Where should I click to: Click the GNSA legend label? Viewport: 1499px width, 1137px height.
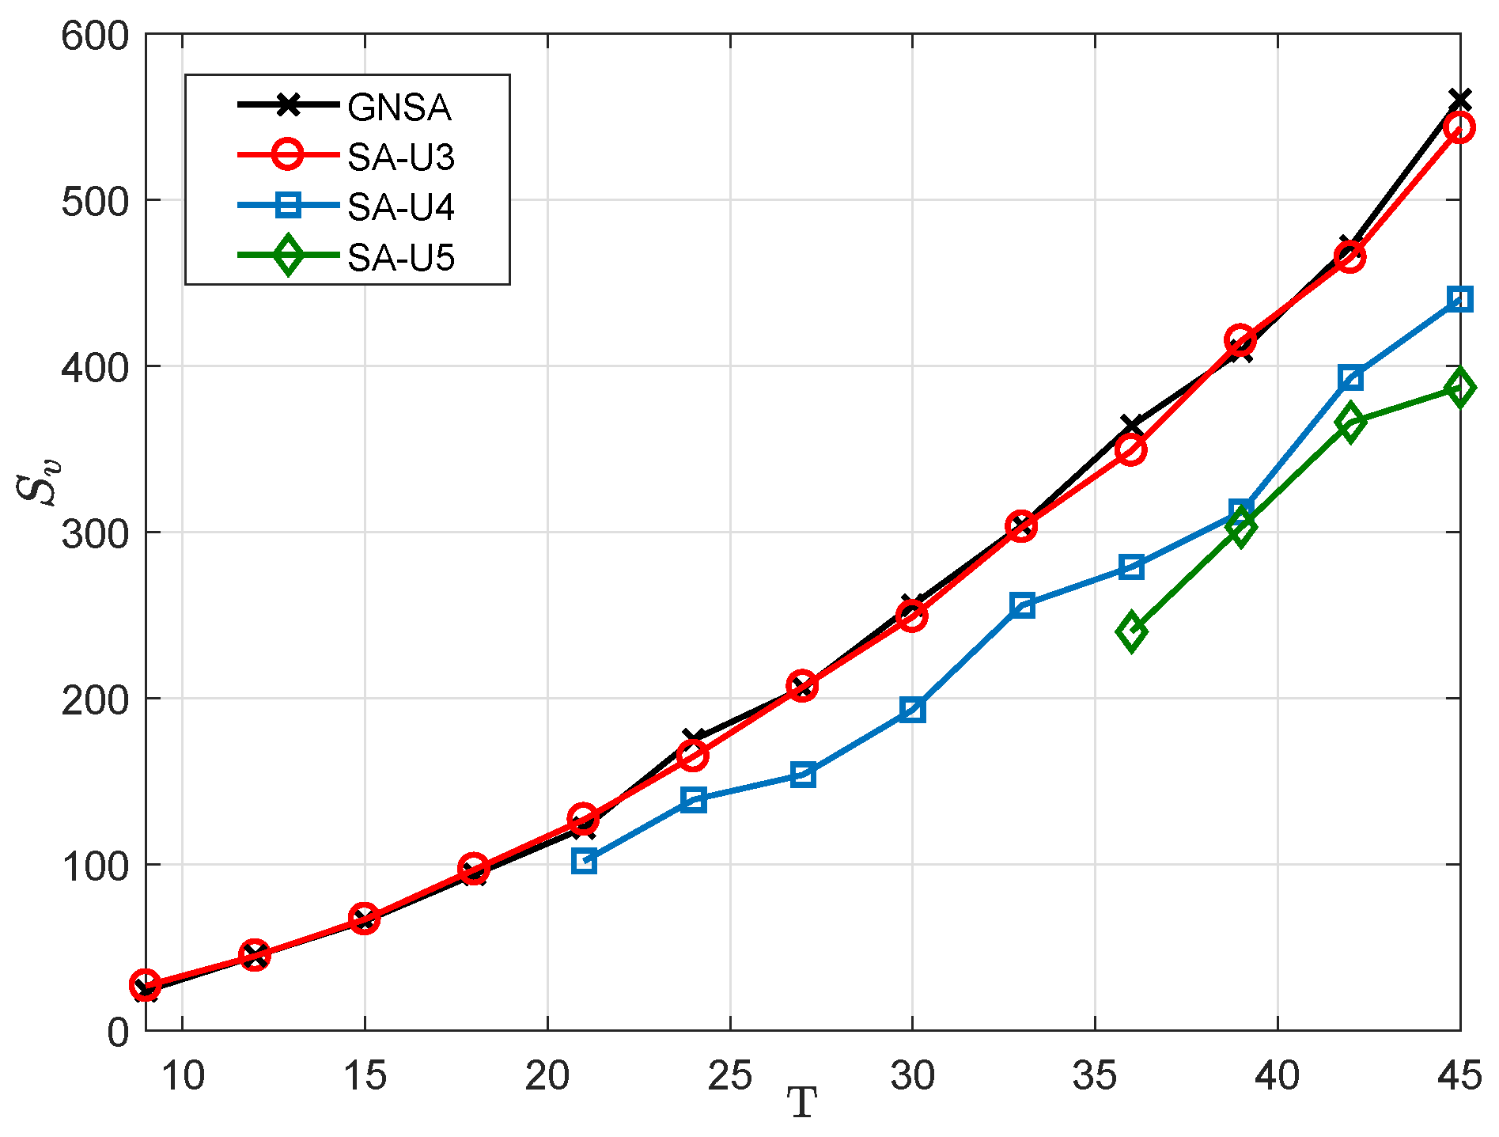click(399, 108)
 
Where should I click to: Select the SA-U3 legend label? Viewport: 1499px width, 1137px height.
click(401, 158)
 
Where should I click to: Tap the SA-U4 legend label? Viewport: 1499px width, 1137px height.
click(401, 208)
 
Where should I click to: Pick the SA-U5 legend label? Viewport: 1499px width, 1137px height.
click(401, 258)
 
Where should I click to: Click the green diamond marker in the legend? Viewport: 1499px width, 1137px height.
click(288, 256)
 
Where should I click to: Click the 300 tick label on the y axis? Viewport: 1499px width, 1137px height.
click(94, 532)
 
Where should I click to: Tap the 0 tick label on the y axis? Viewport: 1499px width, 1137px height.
click(117, 1032)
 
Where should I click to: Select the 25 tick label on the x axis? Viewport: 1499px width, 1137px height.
click(729, 1076)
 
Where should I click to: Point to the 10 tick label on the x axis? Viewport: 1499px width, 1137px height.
click(183, 1076)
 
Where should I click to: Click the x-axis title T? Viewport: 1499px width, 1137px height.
click(801, 1103)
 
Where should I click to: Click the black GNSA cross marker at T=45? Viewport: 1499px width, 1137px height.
click(1459, 100)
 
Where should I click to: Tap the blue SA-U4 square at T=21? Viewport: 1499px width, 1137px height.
click(584, 861)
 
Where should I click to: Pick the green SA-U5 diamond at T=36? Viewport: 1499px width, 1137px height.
click(1132, 631)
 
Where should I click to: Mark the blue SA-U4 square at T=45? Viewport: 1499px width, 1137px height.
click(1459, 299)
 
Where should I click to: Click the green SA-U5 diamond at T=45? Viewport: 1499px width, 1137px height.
click(1459, 388)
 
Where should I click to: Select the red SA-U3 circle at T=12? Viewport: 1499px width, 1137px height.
click(255, 956)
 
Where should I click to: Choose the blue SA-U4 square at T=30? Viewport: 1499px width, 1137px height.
click(912, 710)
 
